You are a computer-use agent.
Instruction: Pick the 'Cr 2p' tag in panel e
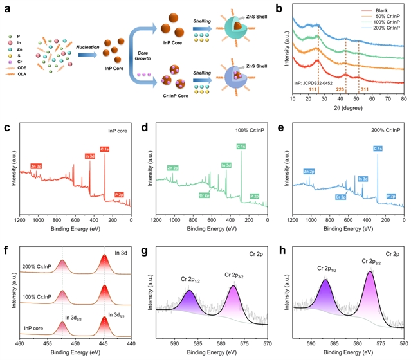point(340,197)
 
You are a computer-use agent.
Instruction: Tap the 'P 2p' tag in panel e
point(391,195)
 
